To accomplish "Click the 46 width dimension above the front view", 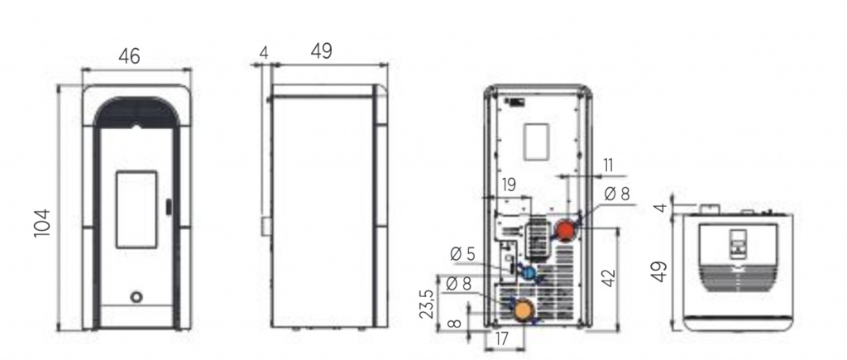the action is (129, 55).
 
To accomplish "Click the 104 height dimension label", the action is (41, 223).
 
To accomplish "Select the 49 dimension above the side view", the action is (322, 51).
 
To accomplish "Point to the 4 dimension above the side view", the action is (264, 52).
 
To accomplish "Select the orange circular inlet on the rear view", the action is (523, 311).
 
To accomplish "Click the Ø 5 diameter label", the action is (462, 253).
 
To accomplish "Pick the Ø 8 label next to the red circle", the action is (617, 194).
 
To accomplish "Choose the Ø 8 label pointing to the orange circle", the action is (458, 283).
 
